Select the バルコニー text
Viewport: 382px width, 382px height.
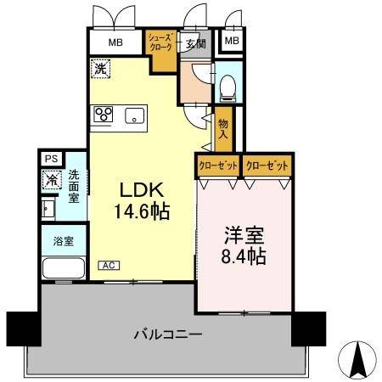(x=166, y=334)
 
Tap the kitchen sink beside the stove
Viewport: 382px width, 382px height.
(x=135, y=116)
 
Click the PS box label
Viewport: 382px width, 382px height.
(x=51, y=159)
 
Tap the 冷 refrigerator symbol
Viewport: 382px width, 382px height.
(x=51, y=179)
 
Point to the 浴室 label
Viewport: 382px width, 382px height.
(x=64, y=240)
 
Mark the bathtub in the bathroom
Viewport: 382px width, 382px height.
(x=62, y=267)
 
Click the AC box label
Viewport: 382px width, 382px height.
(x=110, y=265)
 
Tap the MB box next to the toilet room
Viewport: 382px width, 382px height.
(x=230, y=41)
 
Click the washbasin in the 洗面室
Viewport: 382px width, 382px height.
(x=48, y=208)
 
